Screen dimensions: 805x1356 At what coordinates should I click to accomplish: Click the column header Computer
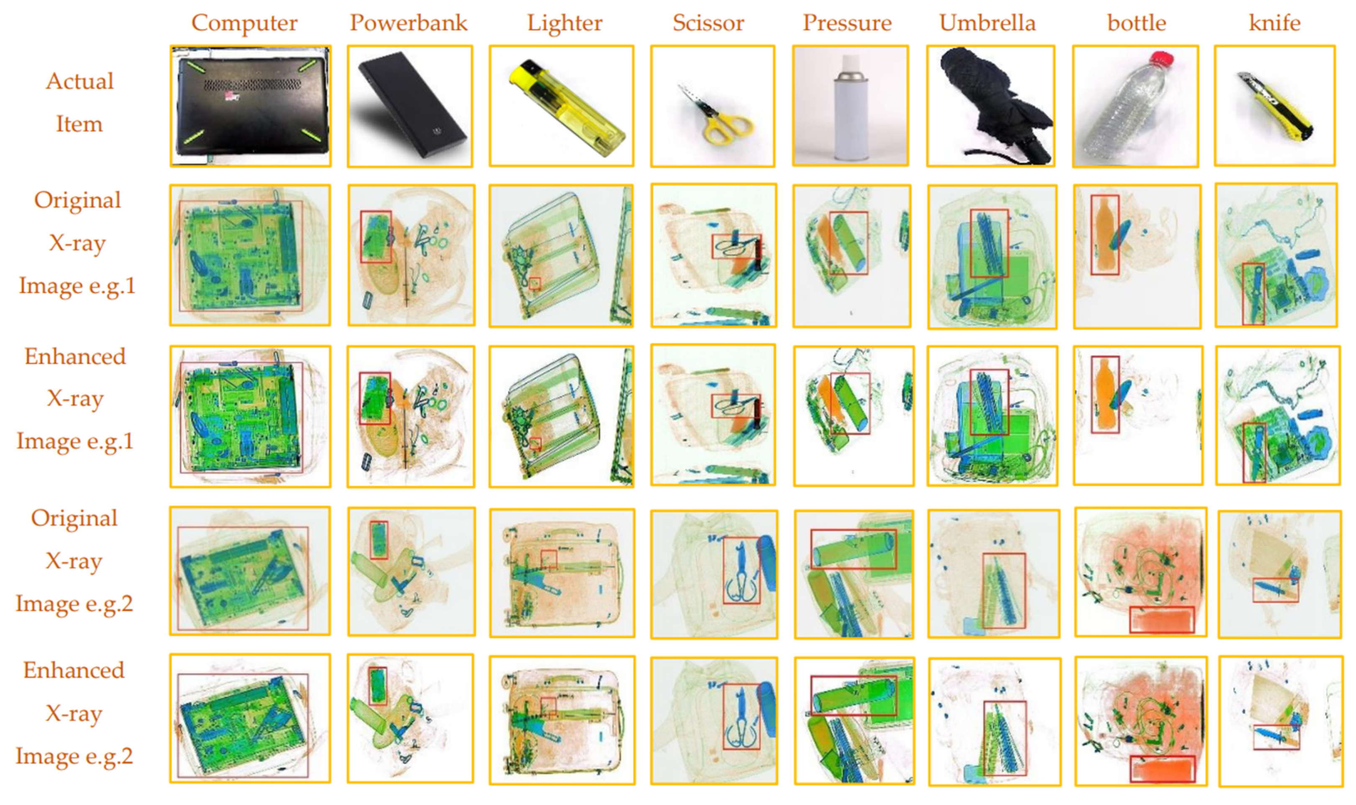pyautogui.click(x=244, y=23)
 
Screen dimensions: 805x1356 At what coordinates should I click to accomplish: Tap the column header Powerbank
pyautogui.click(x=408, y=23)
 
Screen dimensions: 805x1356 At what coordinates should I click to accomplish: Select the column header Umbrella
pyautogui.click(x=987, y=23)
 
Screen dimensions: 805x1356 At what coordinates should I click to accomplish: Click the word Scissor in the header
pyautogui.click(x=708, y=23)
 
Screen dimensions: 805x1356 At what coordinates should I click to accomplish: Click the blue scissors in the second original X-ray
pyautogui.click(x=741, y=570)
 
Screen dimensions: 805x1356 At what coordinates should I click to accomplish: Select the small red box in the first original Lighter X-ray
pyautogui.click(x=535, y=283)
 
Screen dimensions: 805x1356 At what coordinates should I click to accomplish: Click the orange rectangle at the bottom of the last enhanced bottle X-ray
pyautogui.click(x=1162, y=769)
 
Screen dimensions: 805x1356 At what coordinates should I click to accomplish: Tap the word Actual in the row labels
pyautogui.click(x=79, y=81)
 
